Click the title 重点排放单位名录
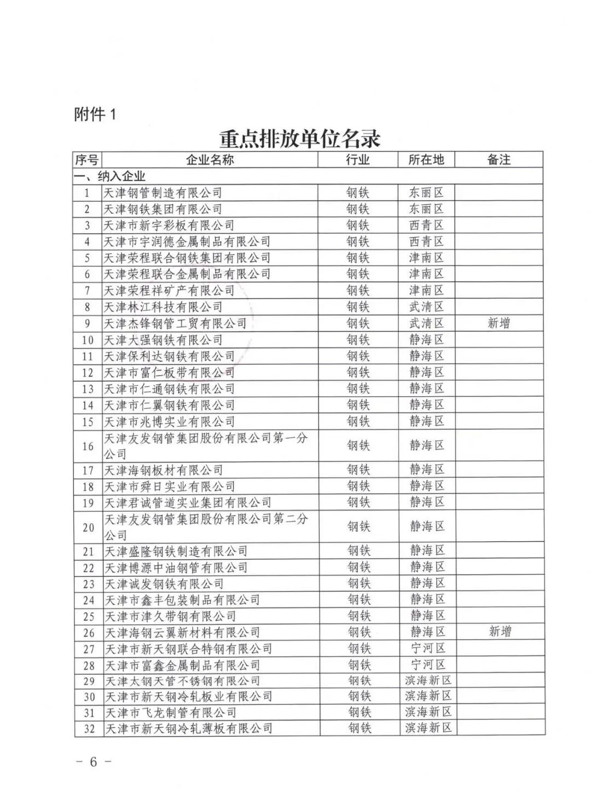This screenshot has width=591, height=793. point(299,138)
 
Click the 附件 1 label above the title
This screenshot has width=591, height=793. point(95,115)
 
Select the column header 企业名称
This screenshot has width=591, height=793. point(210,160)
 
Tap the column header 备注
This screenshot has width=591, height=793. point(499,160)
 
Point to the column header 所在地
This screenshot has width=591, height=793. point(426,160)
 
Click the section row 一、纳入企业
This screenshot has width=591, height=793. point(110,176)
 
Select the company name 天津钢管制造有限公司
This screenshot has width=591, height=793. point(163,193)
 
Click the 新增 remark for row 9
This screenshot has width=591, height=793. point(499,323)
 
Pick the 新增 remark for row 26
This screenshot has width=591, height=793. point(500,632)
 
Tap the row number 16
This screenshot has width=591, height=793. point(88,446)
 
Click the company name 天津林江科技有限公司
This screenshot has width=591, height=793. point(163,307)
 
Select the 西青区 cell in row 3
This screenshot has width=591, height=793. point(426,225)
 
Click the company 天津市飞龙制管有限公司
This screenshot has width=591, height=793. point(170,713)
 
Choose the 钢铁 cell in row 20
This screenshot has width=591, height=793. point(359,527)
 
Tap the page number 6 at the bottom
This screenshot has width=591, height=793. point(93,762)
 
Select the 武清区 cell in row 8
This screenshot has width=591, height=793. point(426,307)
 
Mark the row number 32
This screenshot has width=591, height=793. point(89,729)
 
